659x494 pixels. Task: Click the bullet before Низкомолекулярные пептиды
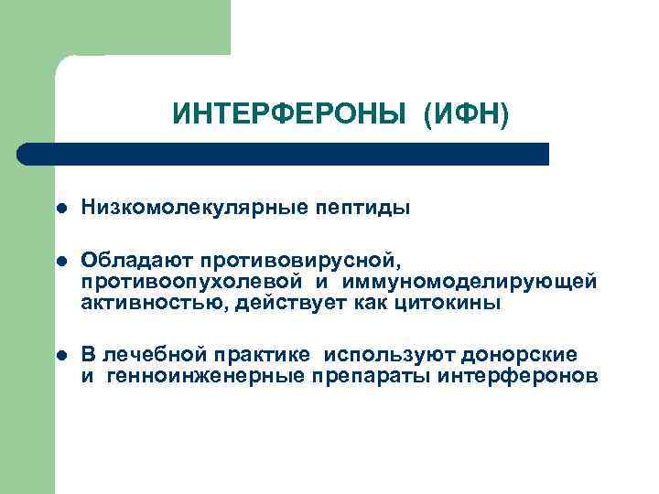(60, 209)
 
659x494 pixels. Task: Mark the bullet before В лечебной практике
(60, 356)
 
